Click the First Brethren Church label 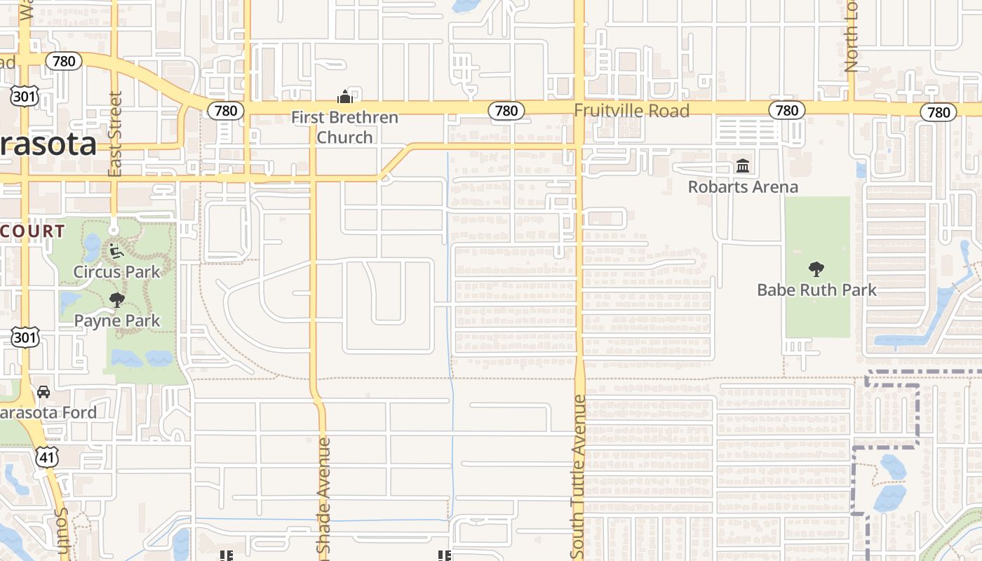[344, 127]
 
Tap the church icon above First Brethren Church [344, 97]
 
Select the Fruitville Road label [631, 110]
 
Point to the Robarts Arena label [743, 187]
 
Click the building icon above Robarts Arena [743, 166]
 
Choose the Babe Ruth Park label [816, 290]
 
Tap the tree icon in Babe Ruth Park [816, 269]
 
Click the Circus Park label [117, 271]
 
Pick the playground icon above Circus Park [116, 250]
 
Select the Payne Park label [117, 320]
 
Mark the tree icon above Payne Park [117, 300]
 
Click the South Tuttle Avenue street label [579, 477]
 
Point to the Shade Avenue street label [323, 498]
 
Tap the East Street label [116, 133]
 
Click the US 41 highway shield [46, 457]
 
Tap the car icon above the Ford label [43, 392]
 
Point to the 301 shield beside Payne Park [25, 337]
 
